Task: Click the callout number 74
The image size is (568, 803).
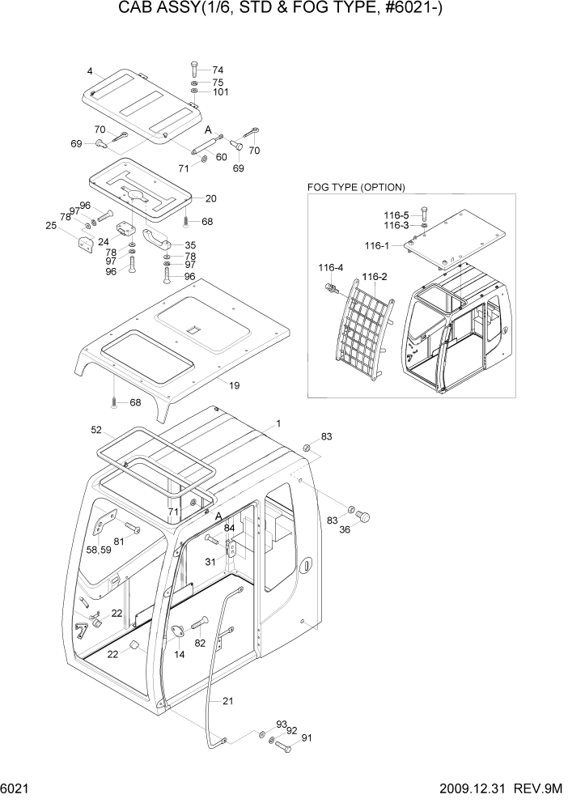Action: click(x=218, y=70)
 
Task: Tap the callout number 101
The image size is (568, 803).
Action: click(x=220, y=92)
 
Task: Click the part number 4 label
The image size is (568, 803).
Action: click(x=90, y=70)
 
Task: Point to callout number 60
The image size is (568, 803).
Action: click(x=221, y=157)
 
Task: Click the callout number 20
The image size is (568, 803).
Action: click(x=211, y=198)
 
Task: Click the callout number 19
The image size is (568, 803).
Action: click(x=234, y=385)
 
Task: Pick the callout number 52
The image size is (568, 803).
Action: click(x=95, y=430)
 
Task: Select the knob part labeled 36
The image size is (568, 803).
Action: click(x=363, y=516)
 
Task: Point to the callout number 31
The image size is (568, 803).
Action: click(x=209, y=563)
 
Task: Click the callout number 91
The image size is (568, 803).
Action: click(x=306, y=738)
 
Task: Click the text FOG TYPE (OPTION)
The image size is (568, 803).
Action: click(x=356, y=187)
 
